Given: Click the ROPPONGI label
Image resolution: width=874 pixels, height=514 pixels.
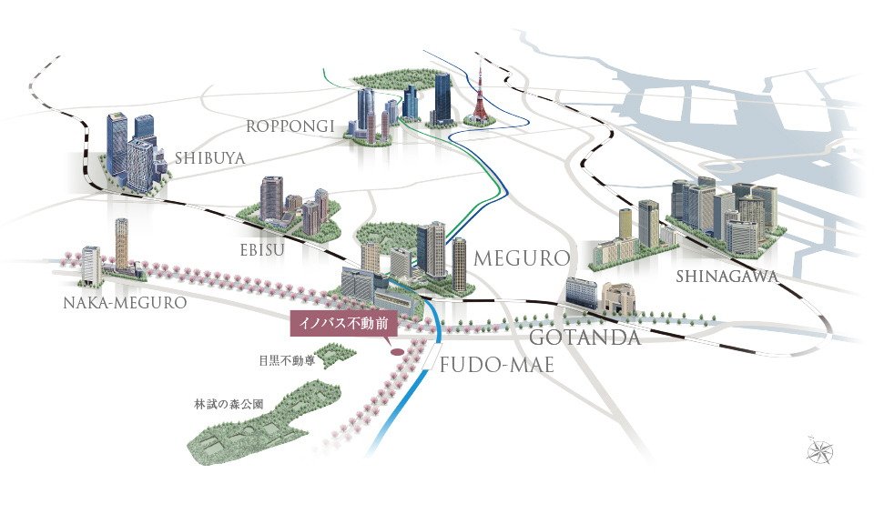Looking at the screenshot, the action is [x=290, y=126].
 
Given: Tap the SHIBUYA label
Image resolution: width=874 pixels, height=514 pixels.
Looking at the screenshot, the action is [x=210, y=158].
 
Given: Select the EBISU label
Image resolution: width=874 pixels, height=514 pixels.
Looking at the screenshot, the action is [x=262, y=249].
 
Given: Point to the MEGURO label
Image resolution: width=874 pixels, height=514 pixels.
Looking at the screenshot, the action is [x=522, y=257].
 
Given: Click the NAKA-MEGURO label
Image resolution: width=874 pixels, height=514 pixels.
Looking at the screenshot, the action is [x=125, y=302].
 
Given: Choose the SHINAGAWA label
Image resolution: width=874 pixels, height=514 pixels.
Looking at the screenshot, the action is [x=727, y=276].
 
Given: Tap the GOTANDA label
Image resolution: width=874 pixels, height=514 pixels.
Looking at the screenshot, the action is [x=584, y=337].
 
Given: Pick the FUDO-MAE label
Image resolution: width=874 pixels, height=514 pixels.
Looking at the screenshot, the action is [x=497, y=365].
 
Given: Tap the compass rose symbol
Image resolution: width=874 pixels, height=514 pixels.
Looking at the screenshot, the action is [x=820, y=450].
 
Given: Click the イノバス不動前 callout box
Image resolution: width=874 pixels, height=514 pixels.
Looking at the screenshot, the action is [x=343, y=324].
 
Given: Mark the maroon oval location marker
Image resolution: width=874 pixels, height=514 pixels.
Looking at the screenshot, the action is [x=397, y=352].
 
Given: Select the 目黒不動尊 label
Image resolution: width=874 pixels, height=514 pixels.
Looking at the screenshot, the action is [x=287, y=360].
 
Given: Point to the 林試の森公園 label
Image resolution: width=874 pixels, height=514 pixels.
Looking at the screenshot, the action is [x=229, y=404].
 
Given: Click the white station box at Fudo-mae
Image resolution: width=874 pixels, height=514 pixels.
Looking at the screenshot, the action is [x=431, y=355].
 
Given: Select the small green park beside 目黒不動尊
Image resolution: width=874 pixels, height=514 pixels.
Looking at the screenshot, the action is [x=336, y=355].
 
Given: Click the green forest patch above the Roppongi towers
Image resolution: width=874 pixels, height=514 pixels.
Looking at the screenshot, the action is [x=396, y=79].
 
